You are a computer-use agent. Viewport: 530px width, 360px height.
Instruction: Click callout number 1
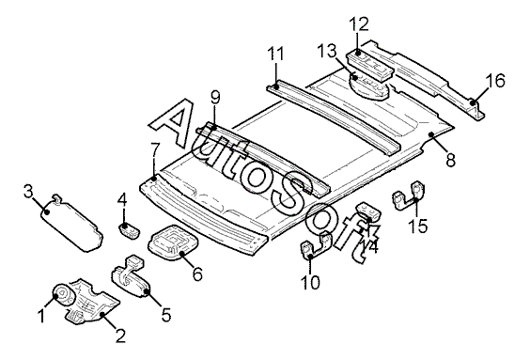click(41, 316)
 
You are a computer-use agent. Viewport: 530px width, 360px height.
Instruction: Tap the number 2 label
click(120, 336)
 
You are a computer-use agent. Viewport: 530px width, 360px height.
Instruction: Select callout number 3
click(28, 192)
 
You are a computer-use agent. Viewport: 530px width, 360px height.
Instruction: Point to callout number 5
click(166, 315)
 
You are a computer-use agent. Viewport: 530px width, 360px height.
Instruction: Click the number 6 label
click(197, 274)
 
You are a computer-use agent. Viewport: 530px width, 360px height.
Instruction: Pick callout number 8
click(450, 160)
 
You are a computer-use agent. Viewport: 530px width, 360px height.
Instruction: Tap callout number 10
click(310, 282)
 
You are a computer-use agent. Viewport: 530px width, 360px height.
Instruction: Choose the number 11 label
click(275, 54)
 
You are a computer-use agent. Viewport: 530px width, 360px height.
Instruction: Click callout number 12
click(359, 24)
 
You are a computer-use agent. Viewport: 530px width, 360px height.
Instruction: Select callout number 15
click(418, 226)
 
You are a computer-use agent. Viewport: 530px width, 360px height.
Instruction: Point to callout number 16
click(495, 81)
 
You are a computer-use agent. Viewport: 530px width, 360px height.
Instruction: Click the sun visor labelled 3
click(71, 223)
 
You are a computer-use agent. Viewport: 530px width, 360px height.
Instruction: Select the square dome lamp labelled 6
click(172, 242)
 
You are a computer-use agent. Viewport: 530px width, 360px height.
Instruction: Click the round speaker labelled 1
click(63, 295)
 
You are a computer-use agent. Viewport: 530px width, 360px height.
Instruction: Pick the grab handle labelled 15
click(409, 196)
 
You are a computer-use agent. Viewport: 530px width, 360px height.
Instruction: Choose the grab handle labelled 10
click(316, 244)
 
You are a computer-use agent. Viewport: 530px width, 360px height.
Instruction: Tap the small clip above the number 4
click(129, 230)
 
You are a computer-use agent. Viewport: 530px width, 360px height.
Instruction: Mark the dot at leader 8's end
click(431, 134)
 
